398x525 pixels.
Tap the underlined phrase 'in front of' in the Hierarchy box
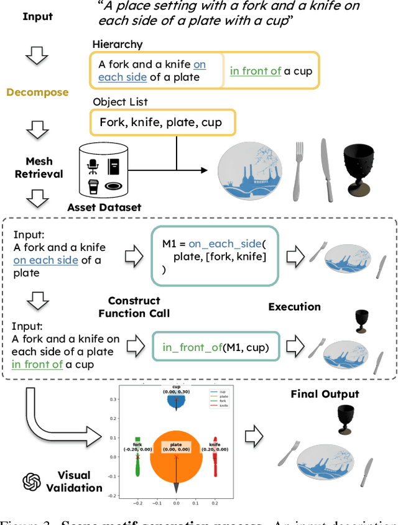[256, 70]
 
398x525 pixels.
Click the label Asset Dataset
[104, 208]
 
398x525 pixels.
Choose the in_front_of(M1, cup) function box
[215, 347]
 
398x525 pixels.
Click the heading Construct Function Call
[134, 306]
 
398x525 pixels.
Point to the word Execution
[295, 307]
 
